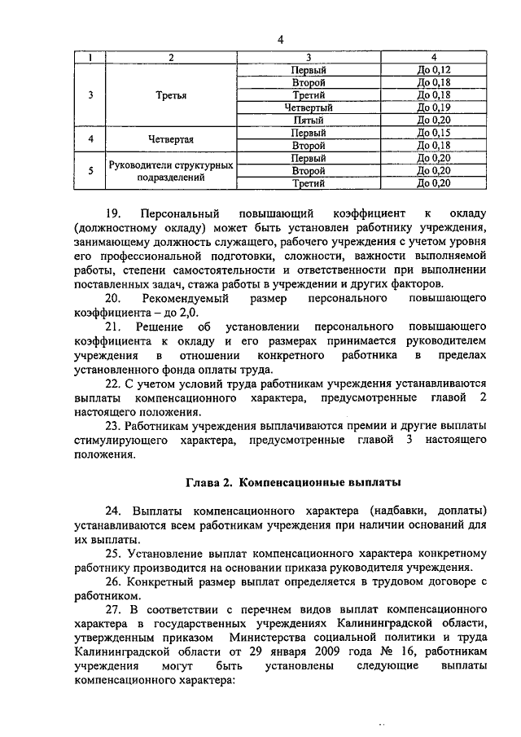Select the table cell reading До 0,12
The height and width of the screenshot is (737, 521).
(433, 71)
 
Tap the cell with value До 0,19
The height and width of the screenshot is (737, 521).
(433, 107)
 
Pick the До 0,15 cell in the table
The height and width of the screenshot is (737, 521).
(433, 132)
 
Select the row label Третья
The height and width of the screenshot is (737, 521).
(171, 95)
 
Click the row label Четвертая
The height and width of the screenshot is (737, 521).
(171, 138)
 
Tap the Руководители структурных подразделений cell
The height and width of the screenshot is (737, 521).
(171, 171)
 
